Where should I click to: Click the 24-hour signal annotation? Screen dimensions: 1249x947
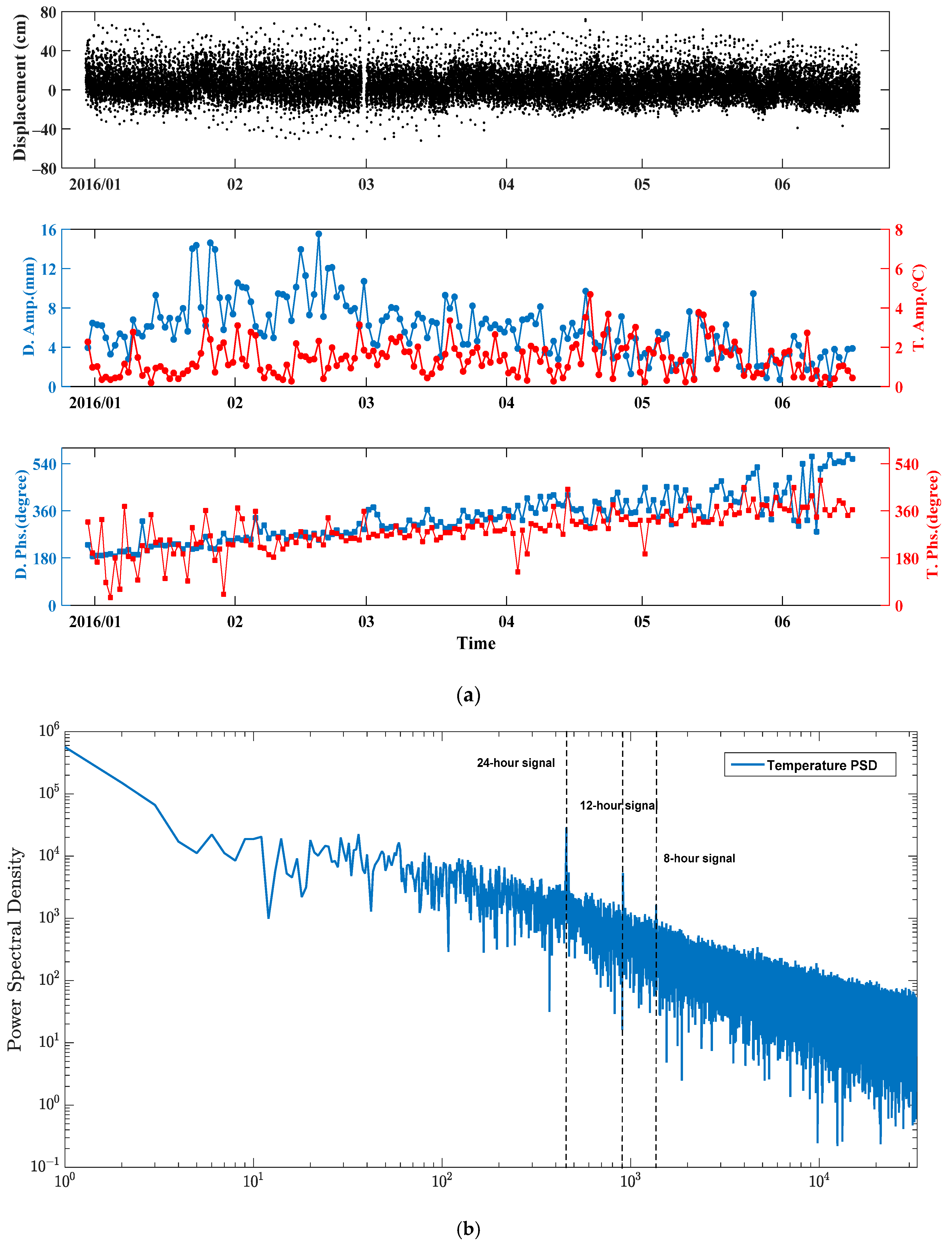point(515,763)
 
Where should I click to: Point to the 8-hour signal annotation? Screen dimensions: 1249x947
point(699,858)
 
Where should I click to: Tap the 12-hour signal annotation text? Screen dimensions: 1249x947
point(618,805)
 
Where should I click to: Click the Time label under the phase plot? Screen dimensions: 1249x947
point(476,643)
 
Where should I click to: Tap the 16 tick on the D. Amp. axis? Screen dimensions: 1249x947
point(49,230)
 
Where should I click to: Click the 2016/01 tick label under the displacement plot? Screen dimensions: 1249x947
point(95,185)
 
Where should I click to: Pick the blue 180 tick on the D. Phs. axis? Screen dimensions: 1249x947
point(44,558)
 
